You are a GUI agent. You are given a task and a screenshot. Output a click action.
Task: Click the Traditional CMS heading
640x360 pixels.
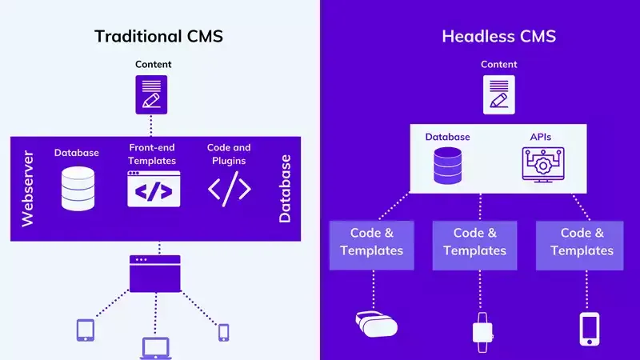tap(158, 36)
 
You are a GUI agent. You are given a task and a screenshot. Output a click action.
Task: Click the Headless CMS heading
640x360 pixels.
tap(498, 36)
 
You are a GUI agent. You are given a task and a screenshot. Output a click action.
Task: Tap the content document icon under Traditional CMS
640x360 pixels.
tap(151, 94)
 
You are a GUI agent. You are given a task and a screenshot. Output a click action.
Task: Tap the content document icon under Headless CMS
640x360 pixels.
tap(498, 94)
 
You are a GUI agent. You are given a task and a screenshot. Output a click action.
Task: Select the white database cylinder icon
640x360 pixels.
tap(78, 188)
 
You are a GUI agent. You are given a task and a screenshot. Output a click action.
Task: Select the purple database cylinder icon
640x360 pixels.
tap(447, 165)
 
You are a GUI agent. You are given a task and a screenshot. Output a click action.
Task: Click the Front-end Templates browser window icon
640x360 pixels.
tap(154, 190)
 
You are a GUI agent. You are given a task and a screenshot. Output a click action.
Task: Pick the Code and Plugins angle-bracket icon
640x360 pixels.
tap(230, 189)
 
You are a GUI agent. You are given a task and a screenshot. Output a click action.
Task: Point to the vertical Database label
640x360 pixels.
tap(285, 189)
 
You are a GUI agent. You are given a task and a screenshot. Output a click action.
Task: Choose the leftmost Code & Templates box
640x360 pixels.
tap(371, 242)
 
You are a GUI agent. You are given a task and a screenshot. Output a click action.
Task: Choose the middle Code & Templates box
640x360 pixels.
tap(474, 242)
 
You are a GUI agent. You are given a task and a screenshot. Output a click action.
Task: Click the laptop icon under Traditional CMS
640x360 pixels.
tap(156, 347)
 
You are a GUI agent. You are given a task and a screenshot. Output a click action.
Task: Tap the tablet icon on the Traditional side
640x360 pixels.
tap(86, 330)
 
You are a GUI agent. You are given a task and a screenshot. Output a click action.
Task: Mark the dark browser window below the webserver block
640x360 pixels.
tap(154, 273)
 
